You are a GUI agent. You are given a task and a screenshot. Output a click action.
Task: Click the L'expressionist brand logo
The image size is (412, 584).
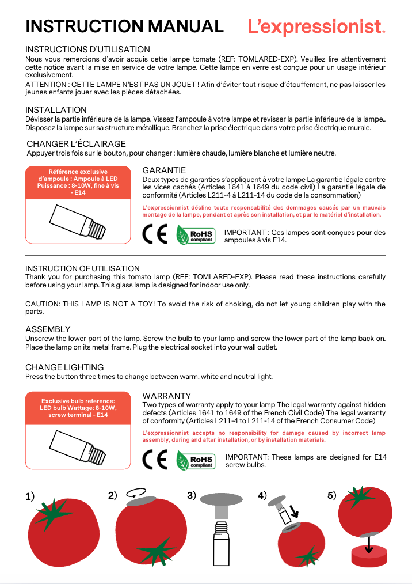click(316, 26)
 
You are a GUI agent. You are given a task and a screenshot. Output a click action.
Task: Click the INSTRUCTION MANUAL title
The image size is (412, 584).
click(124, 26)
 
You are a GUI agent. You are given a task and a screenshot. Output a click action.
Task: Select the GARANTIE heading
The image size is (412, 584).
click(164, 170)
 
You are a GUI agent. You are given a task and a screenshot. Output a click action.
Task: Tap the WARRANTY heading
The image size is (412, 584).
click(166, 396)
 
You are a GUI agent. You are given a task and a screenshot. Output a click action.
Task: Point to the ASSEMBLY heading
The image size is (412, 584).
click(48, 329)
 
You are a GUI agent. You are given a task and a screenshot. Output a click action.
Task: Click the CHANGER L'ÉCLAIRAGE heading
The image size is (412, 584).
click(77, 144)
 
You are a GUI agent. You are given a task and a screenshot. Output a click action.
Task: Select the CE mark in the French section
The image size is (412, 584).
click(155, 234)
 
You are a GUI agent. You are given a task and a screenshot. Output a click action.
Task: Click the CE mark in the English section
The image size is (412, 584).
click(155, 460)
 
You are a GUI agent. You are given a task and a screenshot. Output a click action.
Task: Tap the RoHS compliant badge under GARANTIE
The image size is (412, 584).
click(196, 236)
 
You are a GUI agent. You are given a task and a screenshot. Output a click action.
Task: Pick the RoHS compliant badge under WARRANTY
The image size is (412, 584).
click(196, 461)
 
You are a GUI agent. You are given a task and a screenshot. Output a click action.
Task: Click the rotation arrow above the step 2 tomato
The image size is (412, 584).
click(136, 492)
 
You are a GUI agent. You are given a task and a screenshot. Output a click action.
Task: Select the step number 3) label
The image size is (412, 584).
click(192, 495)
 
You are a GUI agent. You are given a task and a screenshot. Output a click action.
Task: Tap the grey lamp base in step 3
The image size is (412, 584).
click(222, 503)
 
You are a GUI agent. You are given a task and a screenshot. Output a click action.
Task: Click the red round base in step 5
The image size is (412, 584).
click(368, 557)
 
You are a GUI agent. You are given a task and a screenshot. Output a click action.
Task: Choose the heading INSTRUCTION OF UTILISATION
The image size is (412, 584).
click(82, 269)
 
